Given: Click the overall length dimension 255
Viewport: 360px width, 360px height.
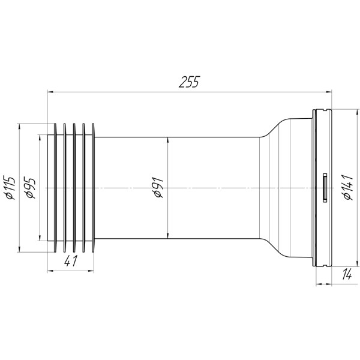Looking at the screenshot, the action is point(190,82).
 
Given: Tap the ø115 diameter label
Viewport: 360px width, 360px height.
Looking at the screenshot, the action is point(9,188).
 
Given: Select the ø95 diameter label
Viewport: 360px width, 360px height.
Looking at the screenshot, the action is point(31,188).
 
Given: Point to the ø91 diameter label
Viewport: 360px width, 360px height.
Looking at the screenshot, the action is point(158,188).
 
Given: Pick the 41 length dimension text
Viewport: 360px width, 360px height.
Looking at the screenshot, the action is point(71,261).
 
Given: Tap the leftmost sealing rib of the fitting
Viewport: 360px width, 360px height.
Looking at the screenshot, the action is point(55,188).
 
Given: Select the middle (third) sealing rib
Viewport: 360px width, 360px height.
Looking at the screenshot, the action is point(74,188).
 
